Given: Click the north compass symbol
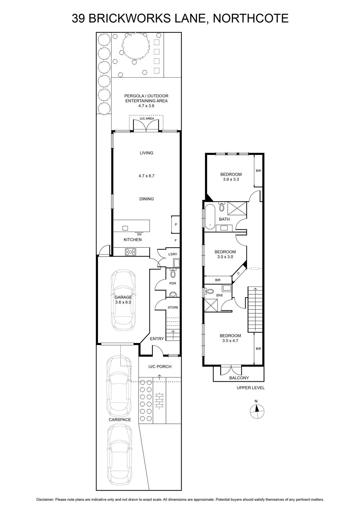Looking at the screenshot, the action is pos(257,411).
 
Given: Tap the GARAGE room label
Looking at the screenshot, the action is pos(123,297).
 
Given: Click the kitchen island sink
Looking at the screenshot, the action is pos(125,228).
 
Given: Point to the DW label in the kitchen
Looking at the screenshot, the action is pos(140,234).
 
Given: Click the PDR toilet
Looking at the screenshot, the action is pos(173,273).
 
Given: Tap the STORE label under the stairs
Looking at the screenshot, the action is pos(173,307).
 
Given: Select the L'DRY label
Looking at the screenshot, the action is pos(173,254).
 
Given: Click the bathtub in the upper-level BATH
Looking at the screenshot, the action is pos(210,217).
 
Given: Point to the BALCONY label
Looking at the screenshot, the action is pos(239,378).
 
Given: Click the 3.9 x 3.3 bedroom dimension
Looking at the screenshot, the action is pos(231,179).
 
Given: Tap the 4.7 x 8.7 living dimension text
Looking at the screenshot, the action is pos(147,176).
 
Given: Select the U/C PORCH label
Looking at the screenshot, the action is pos(160,366).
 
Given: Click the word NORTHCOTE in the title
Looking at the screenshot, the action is pos(251,18).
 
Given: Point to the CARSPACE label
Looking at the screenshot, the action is pos(120,420).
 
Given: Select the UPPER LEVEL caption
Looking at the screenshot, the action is pos(251,388).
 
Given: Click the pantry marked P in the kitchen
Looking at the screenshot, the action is pos(176,225).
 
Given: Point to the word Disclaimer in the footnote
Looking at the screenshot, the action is pos(45,499).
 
